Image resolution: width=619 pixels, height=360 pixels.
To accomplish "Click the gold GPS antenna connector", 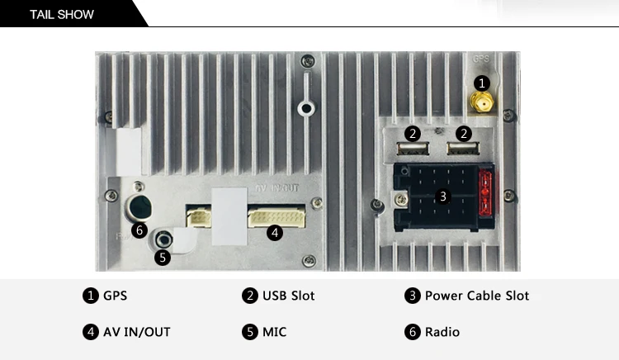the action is pyautogui.click(x=482, y=102).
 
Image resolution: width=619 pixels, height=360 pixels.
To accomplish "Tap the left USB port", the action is pyautogui.click(x=413, y=149).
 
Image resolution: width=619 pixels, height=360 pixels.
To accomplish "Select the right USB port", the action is pyautogui.click(x=463, y=149).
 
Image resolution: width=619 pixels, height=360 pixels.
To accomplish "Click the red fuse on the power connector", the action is pyautogui.click(x=485, y=193).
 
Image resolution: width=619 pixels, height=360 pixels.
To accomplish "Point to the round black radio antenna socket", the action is pyautogui.click(x=139, y=207).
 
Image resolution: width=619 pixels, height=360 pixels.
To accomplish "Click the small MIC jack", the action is pyautogui.click(x=163, y=239).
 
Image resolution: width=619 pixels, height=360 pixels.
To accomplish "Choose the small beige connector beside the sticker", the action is pyautogui.click(x=199, y=217).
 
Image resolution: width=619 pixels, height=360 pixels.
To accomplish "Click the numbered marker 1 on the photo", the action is pyautogui.click(x=482, y=83).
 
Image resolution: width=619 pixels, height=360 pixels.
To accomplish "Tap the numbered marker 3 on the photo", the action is pyautogui.click(x=443, y=197).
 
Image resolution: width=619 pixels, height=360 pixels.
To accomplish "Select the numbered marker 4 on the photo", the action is pyautogui.click(x=275, y=233).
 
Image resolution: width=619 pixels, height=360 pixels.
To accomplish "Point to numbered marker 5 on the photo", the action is pyautogui.click(x=163, y=258).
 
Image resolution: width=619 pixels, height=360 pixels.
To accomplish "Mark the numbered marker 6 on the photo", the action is pyautogui.click(x=139, y=230).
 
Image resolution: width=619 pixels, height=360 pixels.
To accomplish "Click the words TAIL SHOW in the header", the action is pyautogui.click(x=62, y=15).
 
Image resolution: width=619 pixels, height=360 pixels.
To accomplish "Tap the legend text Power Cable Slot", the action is pyautogui.click(x=477, y=296).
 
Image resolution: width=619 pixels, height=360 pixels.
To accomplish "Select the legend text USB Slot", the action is pyautogui.click(x=289, y=296).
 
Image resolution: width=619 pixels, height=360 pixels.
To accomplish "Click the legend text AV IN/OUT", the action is pyautogui.click(x=136, y=332).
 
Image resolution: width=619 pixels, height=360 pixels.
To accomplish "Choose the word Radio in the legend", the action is pyautogui.click(x=442, y=332).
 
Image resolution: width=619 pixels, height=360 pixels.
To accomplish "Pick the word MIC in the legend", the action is pyautogui.click(x=274, y=332).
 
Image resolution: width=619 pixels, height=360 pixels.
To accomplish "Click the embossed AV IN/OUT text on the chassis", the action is pyautogui.click(x=277, y=188).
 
